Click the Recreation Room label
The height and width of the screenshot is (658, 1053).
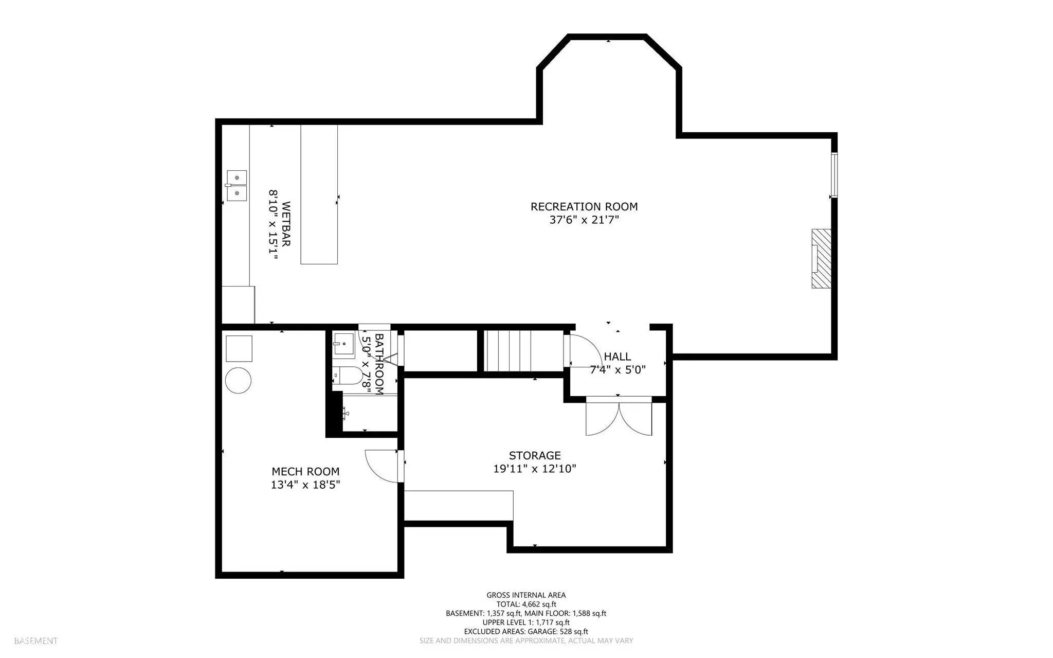[584, 207]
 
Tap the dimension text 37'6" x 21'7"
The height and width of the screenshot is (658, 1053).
[584, 220]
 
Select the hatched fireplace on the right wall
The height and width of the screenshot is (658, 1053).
[821, 258]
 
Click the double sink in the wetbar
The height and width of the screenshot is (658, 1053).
[237, 185]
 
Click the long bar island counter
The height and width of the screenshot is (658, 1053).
[319, 194]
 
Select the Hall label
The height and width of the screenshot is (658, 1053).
[617, 357]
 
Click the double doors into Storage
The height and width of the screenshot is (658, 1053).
[619, 417]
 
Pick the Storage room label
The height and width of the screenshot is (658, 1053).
[535, 455]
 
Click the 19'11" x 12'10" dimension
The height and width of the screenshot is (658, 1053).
[535, 469]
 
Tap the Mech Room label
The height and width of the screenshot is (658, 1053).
[305, 471]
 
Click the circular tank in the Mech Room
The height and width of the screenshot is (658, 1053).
[238, 381]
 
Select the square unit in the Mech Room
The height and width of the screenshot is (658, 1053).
[239, 348]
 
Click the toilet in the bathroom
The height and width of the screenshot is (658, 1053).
[347, 376]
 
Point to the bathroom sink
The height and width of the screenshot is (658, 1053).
[343, 344]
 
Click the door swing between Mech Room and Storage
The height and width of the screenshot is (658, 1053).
[382, 466]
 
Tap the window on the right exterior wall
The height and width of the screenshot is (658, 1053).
[834, 175]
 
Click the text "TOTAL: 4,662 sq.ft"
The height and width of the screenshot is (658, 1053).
[526, 604]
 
